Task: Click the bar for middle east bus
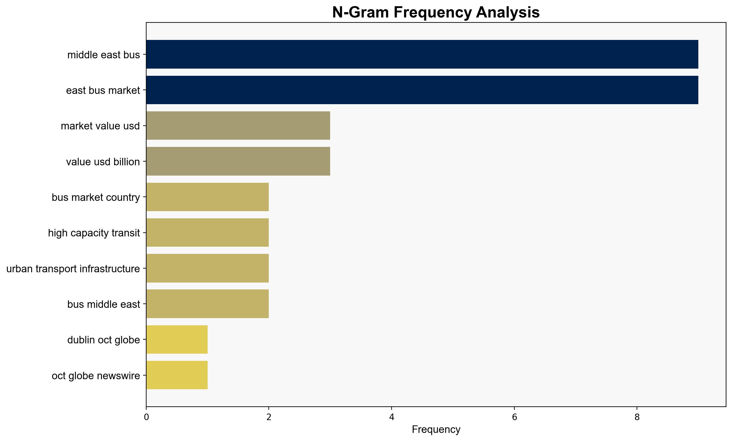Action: [422, 54]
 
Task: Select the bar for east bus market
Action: [422, 90]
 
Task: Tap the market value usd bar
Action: [238, 126]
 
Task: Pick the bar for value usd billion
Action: [238, 161]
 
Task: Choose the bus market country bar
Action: [208, 197]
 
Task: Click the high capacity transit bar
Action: [208, 233]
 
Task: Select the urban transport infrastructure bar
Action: [208, 268]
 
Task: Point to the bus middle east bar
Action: [208, 304]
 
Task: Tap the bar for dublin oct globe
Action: [177, 340]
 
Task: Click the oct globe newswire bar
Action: [177, 375]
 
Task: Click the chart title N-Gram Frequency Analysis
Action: [436, 12]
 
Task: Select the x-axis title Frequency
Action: [436, 429]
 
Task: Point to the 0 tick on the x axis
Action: [146, 417]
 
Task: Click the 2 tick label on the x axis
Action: [269, 417]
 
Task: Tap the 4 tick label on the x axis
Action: [392, 417]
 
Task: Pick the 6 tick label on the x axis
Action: [514, 417]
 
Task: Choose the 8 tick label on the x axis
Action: [637, 417]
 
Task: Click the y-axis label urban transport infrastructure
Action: [73, 269]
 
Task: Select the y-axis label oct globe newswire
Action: [96, 376]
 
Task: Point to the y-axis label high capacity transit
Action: [94, 233]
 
